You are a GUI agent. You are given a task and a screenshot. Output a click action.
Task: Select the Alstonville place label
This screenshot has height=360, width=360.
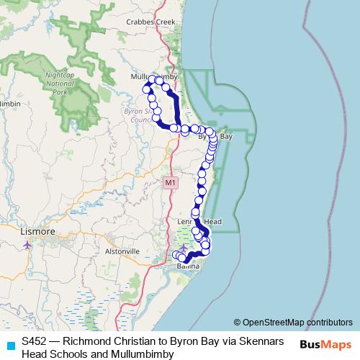[x=121, y=251]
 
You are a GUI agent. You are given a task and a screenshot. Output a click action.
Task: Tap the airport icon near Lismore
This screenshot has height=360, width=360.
[x=28, y=244]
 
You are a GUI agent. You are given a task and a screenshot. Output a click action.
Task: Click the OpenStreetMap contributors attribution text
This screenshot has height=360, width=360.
[x=297, y=323]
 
